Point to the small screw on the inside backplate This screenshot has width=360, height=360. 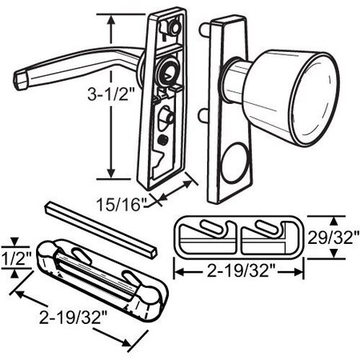tap(163, 141)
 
